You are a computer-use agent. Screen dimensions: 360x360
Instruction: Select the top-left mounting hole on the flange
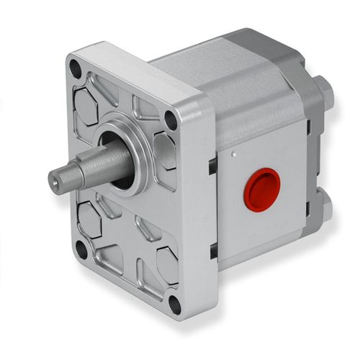coord(75,69)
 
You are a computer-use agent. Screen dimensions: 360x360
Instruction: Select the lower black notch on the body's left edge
coord(214,251)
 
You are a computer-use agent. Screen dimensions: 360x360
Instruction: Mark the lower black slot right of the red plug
coord(308,223)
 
